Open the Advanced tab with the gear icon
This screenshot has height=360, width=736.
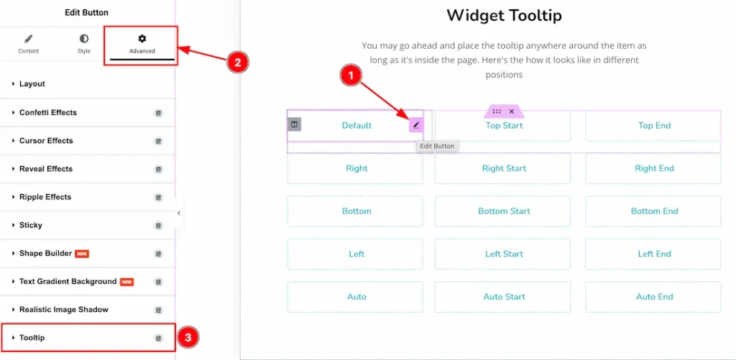[142, 44]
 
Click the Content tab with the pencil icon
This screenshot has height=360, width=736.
[29, 44]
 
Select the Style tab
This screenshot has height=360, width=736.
[84, 44]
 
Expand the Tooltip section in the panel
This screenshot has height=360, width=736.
[32, 338]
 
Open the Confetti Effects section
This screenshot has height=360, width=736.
[48, 113]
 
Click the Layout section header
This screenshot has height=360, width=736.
[32, 84]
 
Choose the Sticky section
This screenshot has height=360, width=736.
[31, 226]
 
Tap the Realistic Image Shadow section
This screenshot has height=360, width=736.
[64, 310]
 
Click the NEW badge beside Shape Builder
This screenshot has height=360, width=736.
[82, 254]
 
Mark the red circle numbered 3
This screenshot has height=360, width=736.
[188, 337]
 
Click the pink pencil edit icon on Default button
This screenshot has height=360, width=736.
[415, 126]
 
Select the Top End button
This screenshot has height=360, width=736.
[654, 126]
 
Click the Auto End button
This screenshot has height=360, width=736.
[654, 297]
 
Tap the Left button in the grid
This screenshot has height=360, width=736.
[356, 254]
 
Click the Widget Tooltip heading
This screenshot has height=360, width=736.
[504, 16]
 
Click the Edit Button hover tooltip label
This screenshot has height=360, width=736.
[437, 147]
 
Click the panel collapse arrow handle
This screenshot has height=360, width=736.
[179, 213]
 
